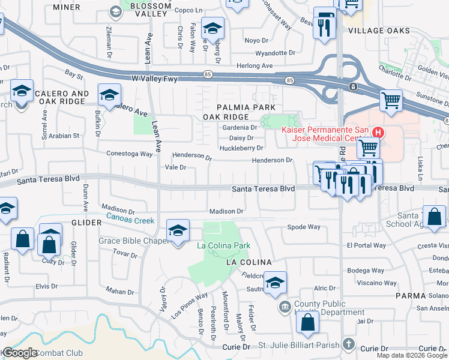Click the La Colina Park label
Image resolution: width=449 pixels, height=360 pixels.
point(227,245)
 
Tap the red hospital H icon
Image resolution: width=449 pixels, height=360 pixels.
point(378,132)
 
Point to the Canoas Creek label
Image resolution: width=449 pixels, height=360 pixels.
point(130,221)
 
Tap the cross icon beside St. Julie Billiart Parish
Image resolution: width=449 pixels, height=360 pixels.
point(348,344)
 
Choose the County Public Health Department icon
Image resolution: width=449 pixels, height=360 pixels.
point(285,308)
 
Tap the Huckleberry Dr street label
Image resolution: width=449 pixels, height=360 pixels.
point(242,148)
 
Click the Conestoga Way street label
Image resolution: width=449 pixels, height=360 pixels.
point(130,154)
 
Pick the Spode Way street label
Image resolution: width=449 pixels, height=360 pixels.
point(304,227)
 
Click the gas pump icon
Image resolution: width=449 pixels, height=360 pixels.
point(325,19)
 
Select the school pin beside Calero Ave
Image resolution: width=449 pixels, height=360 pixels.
point(109,94)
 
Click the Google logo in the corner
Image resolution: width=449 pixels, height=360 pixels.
point(20,353)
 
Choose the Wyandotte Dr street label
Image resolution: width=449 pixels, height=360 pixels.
point(276,53)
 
